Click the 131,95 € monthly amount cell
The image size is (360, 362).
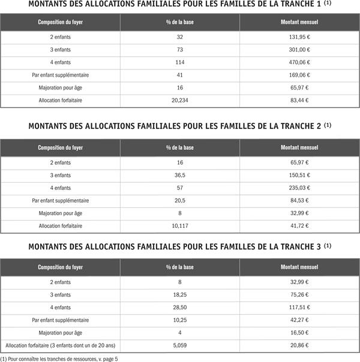(299, 37)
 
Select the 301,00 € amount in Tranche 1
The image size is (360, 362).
(299, 50)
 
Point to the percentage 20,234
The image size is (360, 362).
(180, 100)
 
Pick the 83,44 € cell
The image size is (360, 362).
(299, 100)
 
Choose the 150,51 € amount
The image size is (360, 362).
(299, 175)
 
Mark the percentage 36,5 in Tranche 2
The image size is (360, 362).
(180, 175)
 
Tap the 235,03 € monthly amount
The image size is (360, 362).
(299, 188)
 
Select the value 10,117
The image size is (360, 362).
(180, 225)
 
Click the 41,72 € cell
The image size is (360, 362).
(299, 225)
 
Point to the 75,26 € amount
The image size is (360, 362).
(299, 295)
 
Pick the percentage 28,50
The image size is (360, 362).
(180, 307)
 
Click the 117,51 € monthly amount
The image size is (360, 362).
(299, 307)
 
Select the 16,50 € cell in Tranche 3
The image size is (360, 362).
(299, 333)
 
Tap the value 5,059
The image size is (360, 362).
(180, 346)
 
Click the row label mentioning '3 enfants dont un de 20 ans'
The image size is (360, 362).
(60, 346)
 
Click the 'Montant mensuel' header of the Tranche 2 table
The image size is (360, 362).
(299, 147)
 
